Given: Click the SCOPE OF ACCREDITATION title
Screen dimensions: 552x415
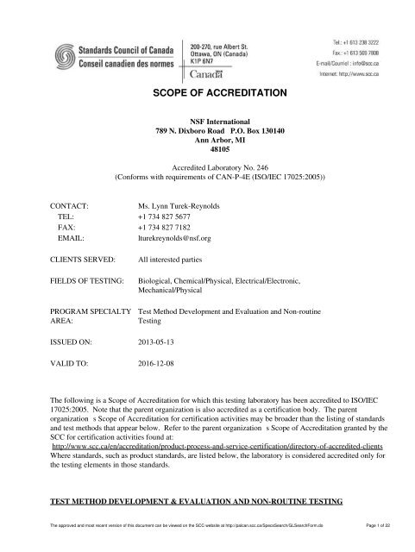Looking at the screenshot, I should click(207, 92).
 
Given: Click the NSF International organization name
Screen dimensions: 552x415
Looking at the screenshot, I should click(207, 122).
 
